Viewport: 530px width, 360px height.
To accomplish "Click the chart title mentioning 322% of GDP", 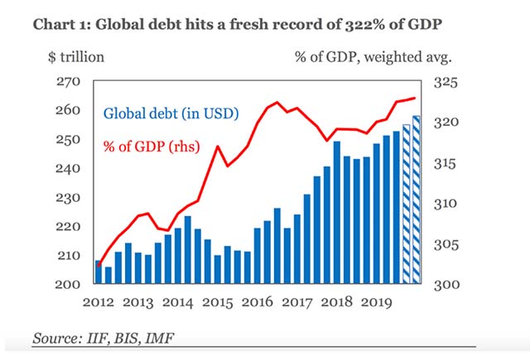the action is click(x=238, y=25).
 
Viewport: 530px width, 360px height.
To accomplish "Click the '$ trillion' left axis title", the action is click(x=76, y=57).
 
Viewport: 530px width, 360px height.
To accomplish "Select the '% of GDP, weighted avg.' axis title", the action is click(x=373, y=57).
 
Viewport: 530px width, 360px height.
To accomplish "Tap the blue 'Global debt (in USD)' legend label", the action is click(x=171, y=113).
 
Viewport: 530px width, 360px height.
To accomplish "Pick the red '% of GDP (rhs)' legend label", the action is click(x=152, y=146).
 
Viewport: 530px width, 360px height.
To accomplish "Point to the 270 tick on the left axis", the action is click(x=68, y=81).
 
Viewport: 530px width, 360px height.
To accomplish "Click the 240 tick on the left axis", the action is click(x=68, y=168).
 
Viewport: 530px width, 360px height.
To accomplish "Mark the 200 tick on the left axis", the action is click(x=68, y=285).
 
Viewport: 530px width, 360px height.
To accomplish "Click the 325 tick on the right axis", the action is click(x=446, y=82).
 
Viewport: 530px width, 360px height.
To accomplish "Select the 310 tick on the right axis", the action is click(x=446, y=204).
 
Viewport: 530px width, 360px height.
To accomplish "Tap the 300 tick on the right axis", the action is click(x=446, y=285).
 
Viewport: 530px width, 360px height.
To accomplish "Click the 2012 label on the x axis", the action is click(x=99, y=302).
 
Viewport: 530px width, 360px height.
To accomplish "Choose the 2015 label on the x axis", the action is click(x=218, y=302).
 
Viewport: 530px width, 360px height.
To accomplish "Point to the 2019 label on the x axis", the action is click(x=377, y=302).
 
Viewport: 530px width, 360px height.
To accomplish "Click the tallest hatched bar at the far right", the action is click(x=417, y=199).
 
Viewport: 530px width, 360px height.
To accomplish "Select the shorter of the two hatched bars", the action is click(x=407, y=204).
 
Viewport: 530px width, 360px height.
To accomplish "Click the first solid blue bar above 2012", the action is click(x=99, y=271).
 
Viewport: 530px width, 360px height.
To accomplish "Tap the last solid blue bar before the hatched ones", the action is click(x=397, y=207).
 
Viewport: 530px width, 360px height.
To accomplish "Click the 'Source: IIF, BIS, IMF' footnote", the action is click(x=104, y=338).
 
